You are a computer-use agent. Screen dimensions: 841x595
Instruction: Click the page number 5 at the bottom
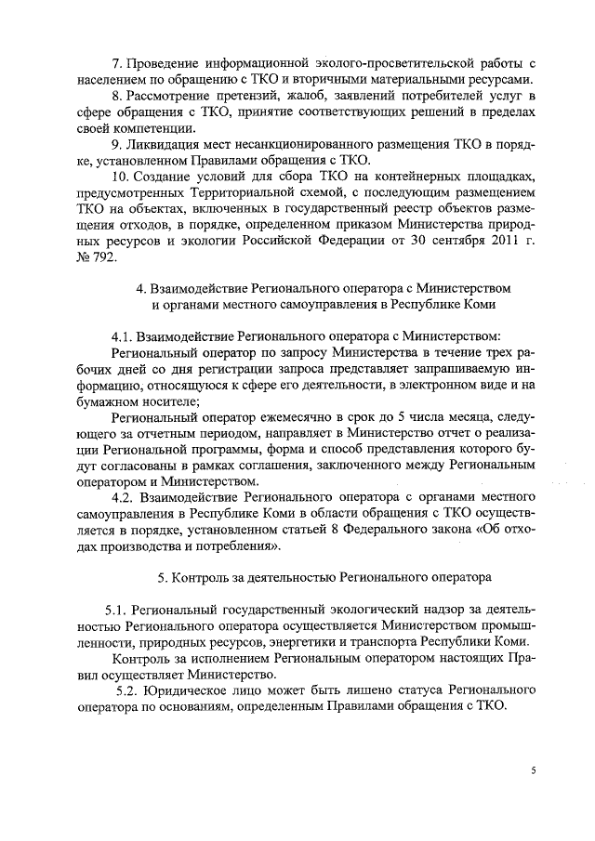pos(534,770)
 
